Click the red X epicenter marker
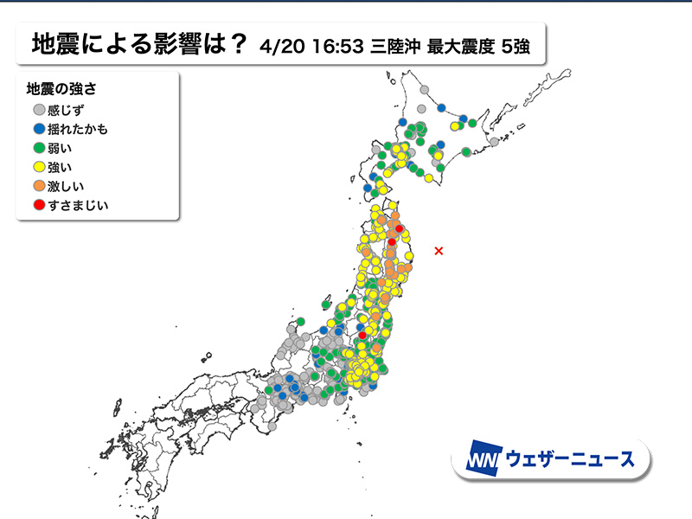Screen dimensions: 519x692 (x=439, y=251)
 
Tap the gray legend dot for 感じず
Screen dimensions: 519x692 (x=39, y=111)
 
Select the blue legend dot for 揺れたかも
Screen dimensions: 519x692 (x=39, y=130)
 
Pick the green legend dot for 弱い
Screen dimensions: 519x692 (x=39, y=149)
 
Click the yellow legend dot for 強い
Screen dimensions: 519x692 (x=39, y=168)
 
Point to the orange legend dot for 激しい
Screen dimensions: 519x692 (x=39, y=187)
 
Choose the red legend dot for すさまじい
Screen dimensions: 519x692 (x=39, y=206)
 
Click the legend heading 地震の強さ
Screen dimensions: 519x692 (x=63, y=89)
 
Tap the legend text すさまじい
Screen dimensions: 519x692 (x=79, y=206)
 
